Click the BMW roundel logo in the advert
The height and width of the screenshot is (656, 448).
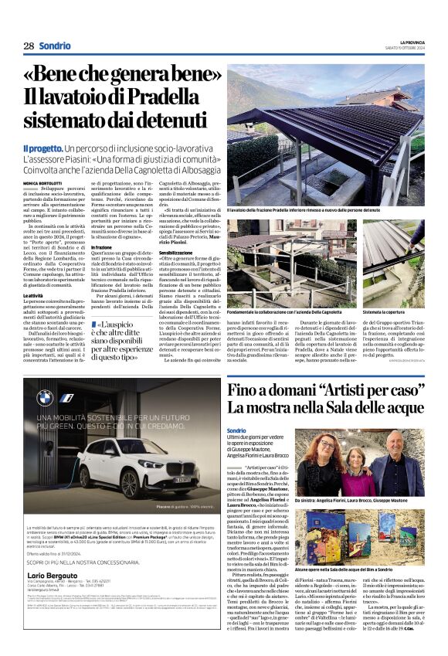(46, 397)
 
